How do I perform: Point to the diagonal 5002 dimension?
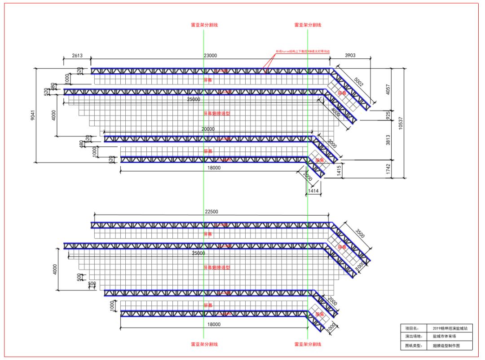pos(358,82)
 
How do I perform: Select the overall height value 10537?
pos(401,123)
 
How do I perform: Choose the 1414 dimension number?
pos(313,191)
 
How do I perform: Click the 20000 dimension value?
pos(208,129)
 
